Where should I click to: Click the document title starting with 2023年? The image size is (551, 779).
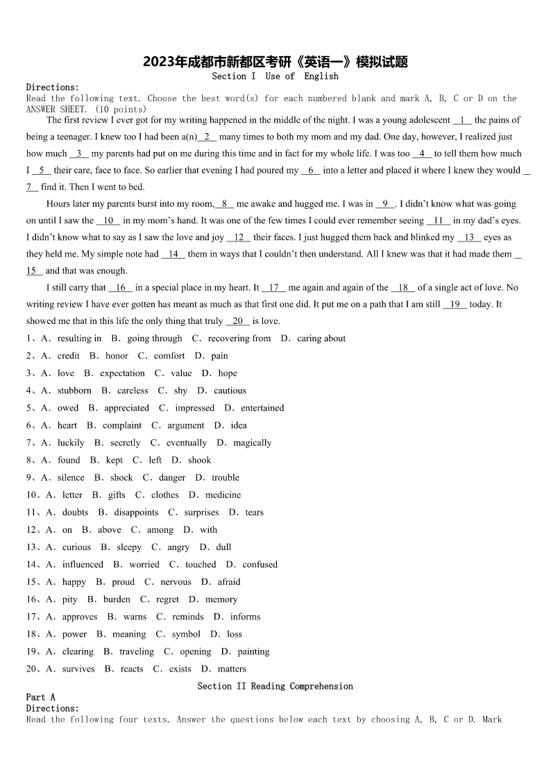(275, 62)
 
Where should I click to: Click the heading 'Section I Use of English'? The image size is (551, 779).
(275, 76)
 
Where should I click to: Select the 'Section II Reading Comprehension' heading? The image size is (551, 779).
(275, 686)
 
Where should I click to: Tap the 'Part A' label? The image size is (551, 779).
(40, 697)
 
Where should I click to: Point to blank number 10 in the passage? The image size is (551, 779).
(108, 221)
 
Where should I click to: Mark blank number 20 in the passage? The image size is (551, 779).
(238, 321)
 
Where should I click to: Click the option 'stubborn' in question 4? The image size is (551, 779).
(74, 391)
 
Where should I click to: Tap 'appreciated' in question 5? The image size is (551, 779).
(126, 408)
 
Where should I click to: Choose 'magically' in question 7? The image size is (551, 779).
(252, 443)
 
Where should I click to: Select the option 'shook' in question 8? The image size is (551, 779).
(199, 460)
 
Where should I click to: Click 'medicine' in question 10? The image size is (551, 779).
(223, 495)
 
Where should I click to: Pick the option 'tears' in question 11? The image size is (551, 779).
(254, 513)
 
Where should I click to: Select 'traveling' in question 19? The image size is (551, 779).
(136, 651)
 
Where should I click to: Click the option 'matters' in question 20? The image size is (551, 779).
(232, 669)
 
